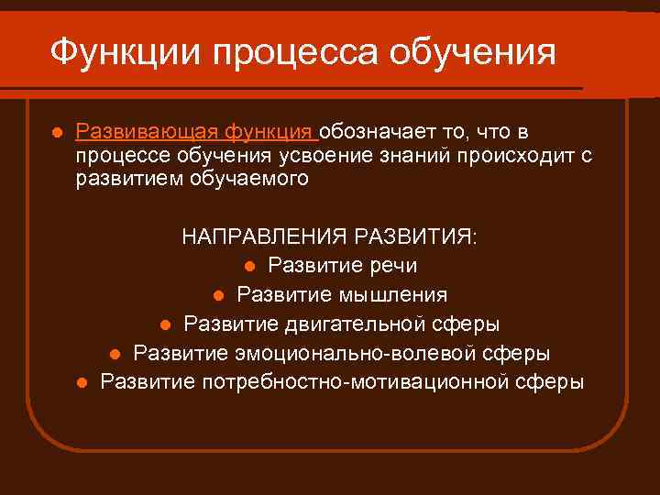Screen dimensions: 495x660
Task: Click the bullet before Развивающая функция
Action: [56, 133]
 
